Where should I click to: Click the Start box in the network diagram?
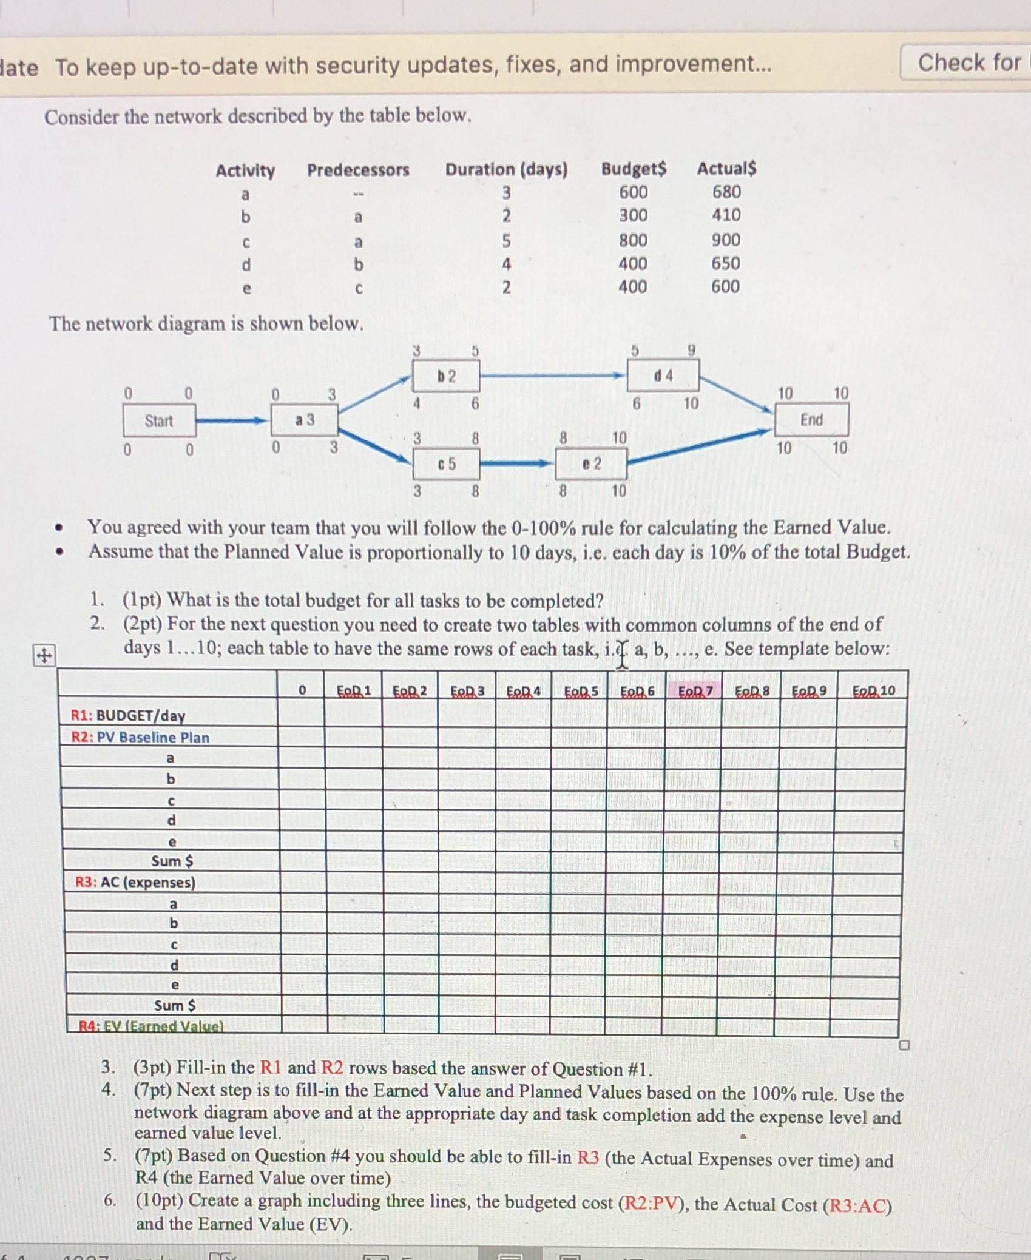pyautogui.click(x=159, y=421)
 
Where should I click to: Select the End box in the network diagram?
pyautogui.click(x=811, y=420)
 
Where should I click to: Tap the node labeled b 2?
pyautogui.click(x=446, y=376)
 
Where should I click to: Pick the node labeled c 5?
pyautogui.click(x=446, y=464)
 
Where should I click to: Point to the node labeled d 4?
pyautogui.click(x=663, y=376)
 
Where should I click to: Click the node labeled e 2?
pyautogui.click(x=591, y=464)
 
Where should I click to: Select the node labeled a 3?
pyautogui.click(x=305, y=420)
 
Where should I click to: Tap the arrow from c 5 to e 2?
pyautogui.click(x=518, y=465)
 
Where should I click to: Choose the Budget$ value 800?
pyautogui.click(x=633, y=240)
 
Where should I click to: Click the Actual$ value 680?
pyautogui.click(x=726, y=192)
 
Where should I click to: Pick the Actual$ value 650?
pyautogui.click(x=726, y=263)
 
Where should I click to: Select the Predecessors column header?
pyautogui.click(x=358, y=170)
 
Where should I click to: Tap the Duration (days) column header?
pyautogui.click(x=506, y=169)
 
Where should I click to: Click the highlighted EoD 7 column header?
pyautogui.click(x=694, y=690)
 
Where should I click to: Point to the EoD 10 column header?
pyautogui.click(x=873, y=690)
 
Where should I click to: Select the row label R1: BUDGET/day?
pyautogui.click(x=128, y=715)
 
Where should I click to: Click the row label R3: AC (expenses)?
pyautogui.click(x=135, y=881)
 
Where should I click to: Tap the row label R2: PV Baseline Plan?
pyautogui.click(x=140, y=737)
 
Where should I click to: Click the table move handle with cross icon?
pyautogui.click(x=44, y=656)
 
